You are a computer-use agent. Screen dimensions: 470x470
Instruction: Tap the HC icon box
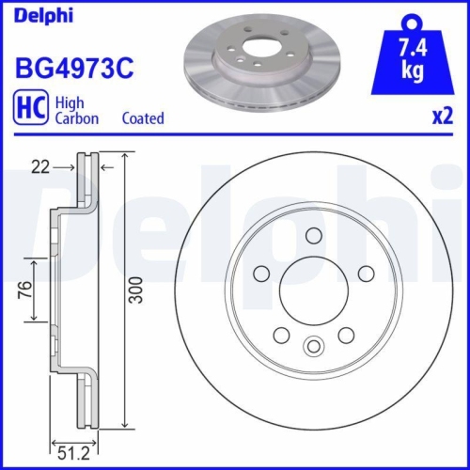click(29, 109)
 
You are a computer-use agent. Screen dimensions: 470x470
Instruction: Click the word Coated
click(143, 118)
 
